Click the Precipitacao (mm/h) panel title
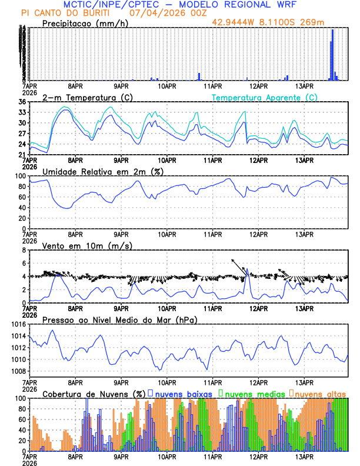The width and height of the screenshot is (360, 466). tap(86, 24)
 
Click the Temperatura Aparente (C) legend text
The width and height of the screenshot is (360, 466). tap(265, 97)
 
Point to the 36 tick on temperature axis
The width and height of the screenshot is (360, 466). tap(22, 102)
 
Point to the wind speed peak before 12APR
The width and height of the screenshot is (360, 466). tap(248, 269)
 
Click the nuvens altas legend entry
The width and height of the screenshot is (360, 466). tap(318, 393)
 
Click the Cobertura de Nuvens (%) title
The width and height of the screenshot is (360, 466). tap(94, 393)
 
